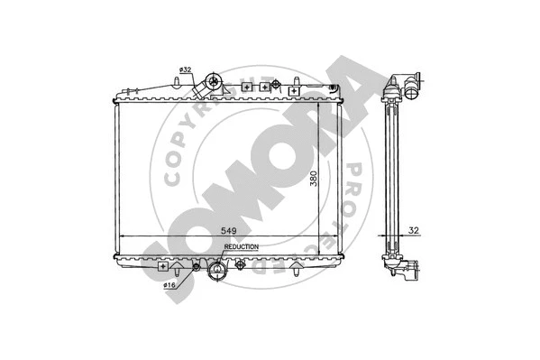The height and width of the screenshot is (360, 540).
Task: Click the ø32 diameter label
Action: coord(184,70)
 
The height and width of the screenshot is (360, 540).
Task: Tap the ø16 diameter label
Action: coord(169,287)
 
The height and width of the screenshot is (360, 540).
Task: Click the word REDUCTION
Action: coord(241,246)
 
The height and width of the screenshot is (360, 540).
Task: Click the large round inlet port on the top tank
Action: coord(215,83)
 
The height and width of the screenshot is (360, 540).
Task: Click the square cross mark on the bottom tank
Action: coord(163,267)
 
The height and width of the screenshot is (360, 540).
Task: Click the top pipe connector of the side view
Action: coord(408,88)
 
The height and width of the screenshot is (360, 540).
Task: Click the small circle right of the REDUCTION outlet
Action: coord(241,265)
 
